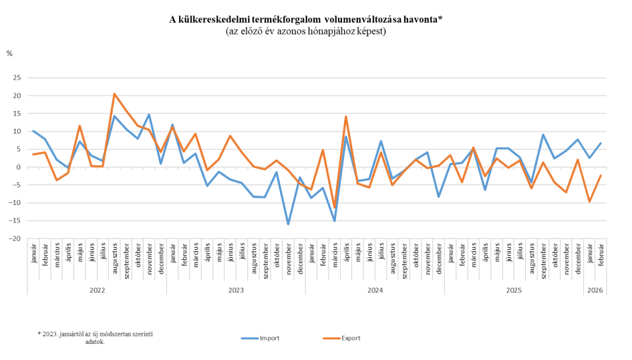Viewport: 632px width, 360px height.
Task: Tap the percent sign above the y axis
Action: (x=9, y=52)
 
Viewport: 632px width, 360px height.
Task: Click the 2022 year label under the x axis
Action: (x=97, y=291)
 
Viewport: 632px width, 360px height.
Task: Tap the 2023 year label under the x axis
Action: (x=236, y=291)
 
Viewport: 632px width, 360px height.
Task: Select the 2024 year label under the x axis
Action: (x=375, y=291)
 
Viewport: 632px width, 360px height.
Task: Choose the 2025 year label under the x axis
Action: (x=514, y=291)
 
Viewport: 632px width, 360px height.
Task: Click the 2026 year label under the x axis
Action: (x=595, y=291)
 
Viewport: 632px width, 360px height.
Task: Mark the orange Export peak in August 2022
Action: (x=115, y=94)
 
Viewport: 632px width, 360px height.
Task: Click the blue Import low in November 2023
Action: (x=289, y=224)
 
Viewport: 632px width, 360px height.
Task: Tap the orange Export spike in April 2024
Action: (x=346, y=116)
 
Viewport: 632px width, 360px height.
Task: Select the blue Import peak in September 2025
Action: (x=543, y=135)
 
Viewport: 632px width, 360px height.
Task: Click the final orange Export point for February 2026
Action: (x=601, y=175)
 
